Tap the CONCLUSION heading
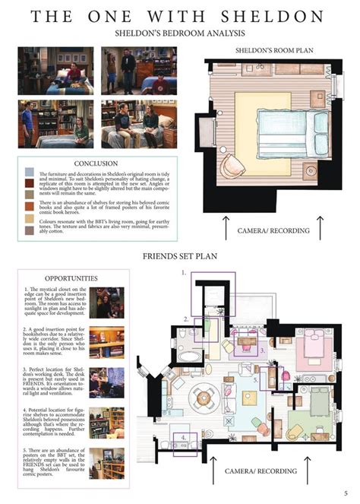pos(96,163)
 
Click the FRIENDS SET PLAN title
pos(179,256)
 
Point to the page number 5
pos(346,493)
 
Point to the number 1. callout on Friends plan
pos(184,271)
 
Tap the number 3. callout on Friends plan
pos(261,351)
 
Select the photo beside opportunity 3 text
pos(106,379)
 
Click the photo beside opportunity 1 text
pos(106,301)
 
